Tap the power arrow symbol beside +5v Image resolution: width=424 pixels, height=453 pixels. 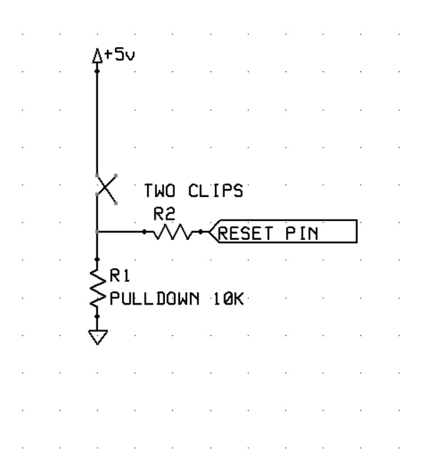(x=98, y=56)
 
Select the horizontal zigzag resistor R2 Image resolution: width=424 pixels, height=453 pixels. (x=172, y=232)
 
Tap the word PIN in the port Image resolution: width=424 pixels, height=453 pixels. (x=302, y=232)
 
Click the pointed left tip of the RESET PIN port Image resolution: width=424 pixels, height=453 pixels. (x=211, y=232)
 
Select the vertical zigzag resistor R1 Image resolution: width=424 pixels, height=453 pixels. (x=97, y=287)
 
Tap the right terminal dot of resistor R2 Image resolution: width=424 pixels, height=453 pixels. (x=201, y=232)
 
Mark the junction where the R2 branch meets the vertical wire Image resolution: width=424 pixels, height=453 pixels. (x=97, y=232)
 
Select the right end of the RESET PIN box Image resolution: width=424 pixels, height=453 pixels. (x=355, y=232)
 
